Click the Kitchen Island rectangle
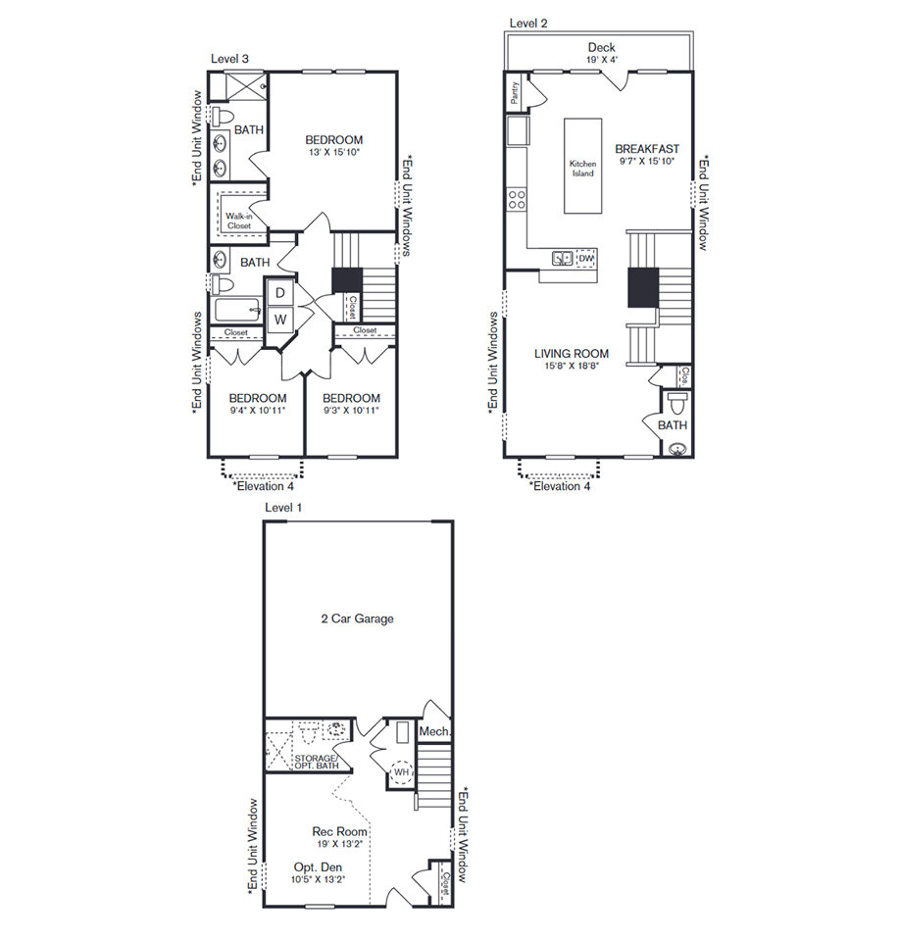point(582,166)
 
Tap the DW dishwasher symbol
point(586,259)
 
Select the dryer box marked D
point(280,293)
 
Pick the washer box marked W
point(280,320)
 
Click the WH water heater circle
point(401,772)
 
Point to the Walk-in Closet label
point(238,221)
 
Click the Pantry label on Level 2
point(515,92)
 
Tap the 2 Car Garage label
point(358,618)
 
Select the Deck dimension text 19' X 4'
point(601,60)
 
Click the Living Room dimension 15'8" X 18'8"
point(572,366)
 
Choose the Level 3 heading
point(229,59)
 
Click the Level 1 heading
point(283,508)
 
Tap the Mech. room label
point(434,731)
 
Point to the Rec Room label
point(339,831)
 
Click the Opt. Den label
point(318,867)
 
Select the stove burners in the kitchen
point(517,200)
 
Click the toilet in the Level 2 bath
point(676,404)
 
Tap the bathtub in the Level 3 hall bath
point(237,311)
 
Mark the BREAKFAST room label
point(647,149)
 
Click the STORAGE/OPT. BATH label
point(316,762)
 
